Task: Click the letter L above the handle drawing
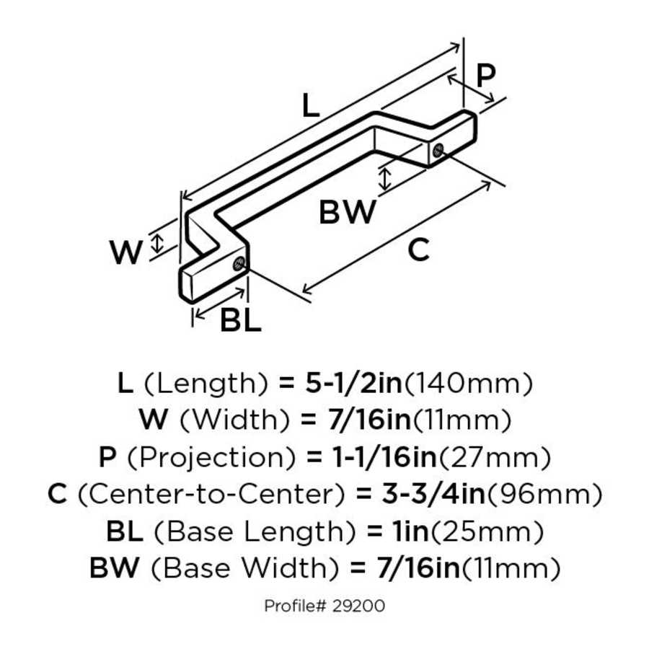tap(309, 107)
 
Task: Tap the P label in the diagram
tap(487, 76)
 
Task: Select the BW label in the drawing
tap(348, 213)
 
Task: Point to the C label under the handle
tap(418, 250)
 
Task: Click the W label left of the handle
tap(126, 252)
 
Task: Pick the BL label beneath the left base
tap(240, 321)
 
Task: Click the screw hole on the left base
tap(238, 264)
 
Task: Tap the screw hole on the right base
tap(438, 151)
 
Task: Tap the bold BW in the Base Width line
tap(113, 570)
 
